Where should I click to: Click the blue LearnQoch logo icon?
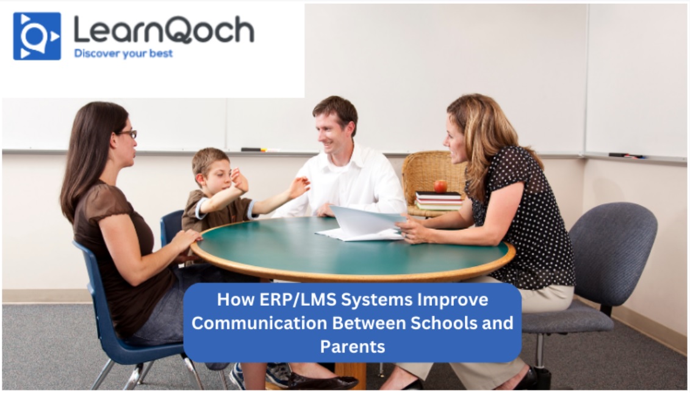[37, 36]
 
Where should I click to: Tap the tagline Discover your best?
[123, 54]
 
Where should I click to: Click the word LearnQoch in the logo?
[164, 30]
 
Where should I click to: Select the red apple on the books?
[440, 187]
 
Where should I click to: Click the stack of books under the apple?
[439, 201]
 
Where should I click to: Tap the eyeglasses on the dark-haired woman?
[128, 134]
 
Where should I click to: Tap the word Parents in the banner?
[353, 347]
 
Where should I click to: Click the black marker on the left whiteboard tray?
[251, 150]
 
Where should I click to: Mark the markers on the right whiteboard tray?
[627, 156]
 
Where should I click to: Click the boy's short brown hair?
[210, 160]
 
